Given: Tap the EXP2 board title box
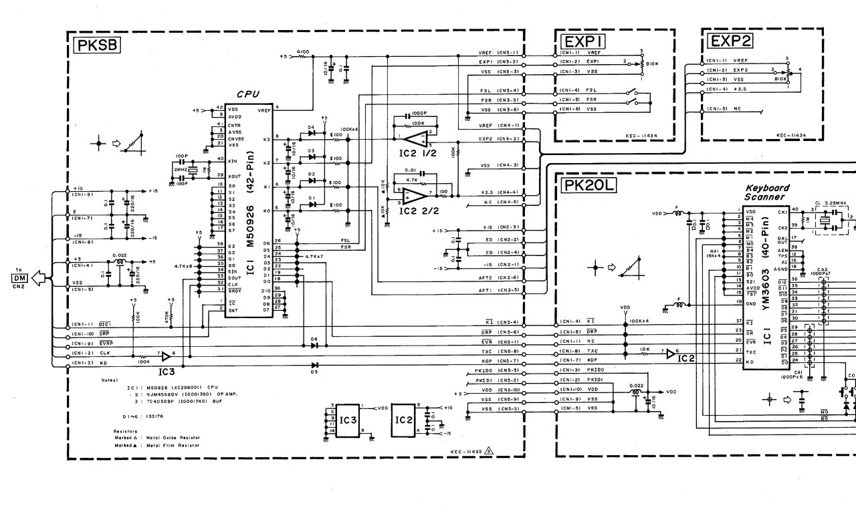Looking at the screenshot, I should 731,41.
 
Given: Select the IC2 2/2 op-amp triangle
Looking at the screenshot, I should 417,195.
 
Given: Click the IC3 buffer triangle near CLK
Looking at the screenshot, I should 166,354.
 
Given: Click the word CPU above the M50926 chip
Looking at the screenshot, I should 249,94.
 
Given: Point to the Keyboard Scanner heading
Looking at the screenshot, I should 767,193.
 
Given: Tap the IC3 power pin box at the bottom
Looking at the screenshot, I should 346,420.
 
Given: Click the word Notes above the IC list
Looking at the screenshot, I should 109,380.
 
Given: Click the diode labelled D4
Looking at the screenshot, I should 311,132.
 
